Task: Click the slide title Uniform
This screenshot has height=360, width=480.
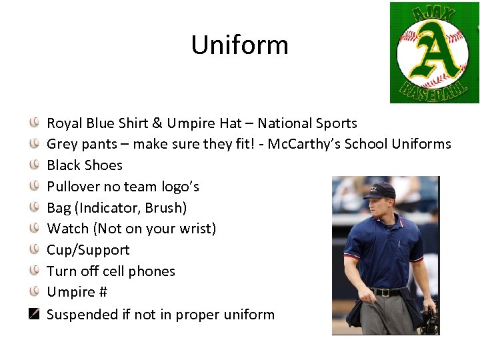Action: click(x=239, y=45)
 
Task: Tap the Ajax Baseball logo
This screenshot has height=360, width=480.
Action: click(x=434, y=52)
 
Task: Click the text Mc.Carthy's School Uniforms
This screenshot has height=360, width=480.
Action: click(x=359, y=144)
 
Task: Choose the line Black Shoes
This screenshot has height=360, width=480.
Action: click(x=85, y=165)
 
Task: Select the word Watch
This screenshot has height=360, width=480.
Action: click(x=68, y=229)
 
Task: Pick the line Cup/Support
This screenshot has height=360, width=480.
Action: click(x=88, y=250)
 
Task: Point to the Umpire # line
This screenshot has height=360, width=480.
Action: click(x=77, y=292)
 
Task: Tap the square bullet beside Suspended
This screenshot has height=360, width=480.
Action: click(x=34, y=313)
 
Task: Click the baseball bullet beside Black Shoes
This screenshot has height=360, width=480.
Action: click(x=34, y=165)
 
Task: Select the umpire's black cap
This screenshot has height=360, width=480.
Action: click(x=379, y=190)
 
